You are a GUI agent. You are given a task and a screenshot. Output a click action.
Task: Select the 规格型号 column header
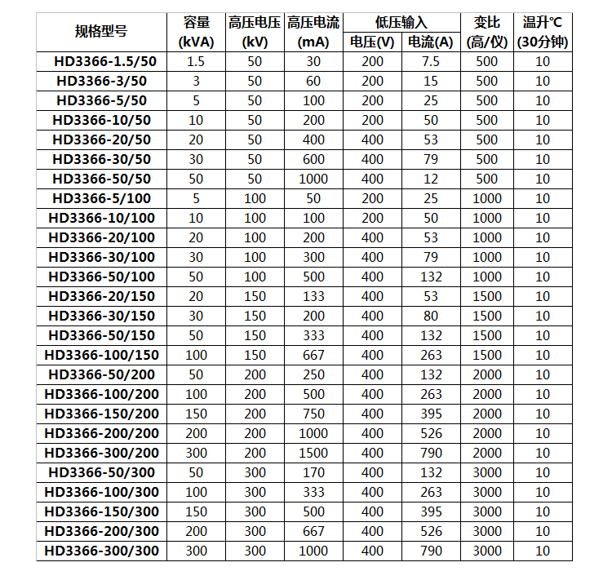click(x=101, y=32)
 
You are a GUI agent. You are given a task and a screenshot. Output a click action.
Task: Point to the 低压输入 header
click(x=401, y=23)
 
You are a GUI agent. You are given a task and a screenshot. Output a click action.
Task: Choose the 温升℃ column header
click(x=543, y=32)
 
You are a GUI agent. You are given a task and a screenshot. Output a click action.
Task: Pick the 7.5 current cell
click(x=431, y=61)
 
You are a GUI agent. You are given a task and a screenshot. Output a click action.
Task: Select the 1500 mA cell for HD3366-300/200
click(x=313, y=453)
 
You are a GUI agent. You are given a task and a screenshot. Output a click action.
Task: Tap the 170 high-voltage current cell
click(x=313, y=472)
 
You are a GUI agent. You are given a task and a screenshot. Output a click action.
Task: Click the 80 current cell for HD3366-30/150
click(x=431, y=316)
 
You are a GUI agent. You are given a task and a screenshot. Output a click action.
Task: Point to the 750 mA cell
click(x=313, y=414)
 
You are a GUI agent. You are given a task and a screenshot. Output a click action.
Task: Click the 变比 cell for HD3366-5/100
click(x=486, y=198)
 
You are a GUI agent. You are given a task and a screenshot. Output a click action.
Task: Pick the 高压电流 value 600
click(x=313, y=159)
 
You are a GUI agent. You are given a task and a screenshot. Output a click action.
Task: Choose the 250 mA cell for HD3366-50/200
click(x=313, y=374)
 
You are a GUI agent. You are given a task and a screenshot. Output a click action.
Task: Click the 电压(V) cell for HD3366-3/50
click(x=372, y=81)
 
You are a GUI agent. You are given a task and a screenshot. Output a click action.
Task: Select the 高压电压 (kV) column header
click(x=255, y=32)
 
